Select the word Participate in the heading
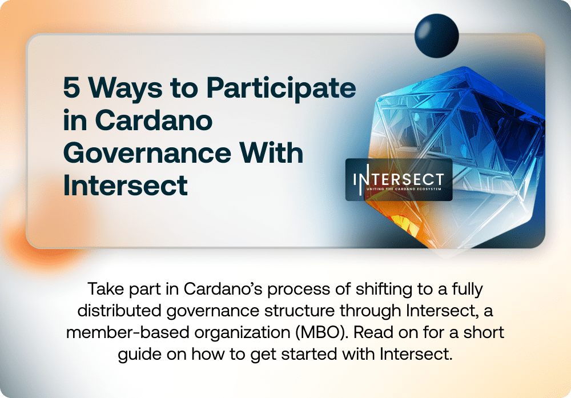point(280,89)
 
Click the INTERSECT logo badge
point(399,179)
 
